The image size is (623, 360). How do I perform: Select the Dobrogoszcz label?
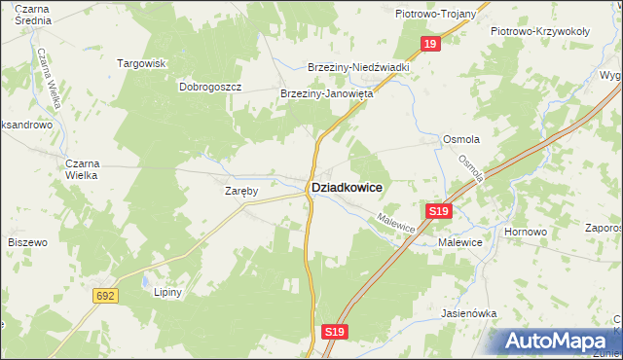tap(209, 87)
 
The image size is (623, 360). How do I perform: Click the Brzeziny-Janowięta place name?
tap(327, 94)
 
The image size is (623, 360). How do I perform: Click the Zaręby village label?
tap(240, 192)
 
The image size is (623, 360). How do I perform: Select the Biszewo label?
tap(27, 241)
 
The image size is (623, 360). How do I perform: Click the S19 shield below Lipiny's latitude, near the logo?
tap(335, 332)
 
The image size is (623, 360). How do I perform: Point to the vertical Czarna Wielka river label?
tap(48, 82)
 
